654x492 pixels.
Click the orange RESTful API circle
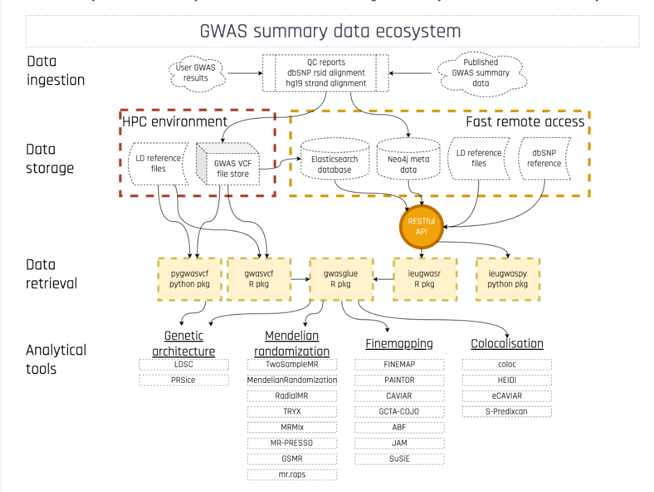[422, 227]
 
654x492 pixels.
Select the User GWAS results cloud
[196, 73]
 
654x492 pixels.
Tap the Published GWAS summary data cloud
[481, 73]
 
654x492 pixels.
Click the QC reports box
[326, 73]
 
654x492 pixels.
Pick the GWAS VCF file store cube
[228, 164]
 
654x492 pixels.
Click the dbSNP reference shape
[544, 159]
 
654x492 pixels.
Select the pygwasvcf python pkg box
[190, 279]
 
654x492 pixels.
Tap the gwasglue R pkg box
[341, 279]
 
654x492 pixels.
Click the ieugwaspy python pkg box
[508, 279]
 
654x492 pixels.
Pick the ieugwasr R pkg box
[425, 279]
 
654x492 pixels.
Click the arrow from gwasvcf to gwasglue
[300, 279]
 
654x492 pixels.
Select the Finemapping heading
[399, 343]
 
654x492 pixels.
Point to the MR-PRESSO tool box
[292, 443]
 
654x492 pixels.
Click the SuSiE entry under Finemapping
[400, 459]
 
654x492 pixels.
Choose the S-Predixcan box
[507, 412]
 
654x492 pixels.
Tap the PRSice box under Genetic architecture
[184, 380]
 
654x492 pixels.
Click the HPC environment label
[175, 122]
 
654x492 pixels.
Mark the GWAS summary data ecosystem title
[331, 31]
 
